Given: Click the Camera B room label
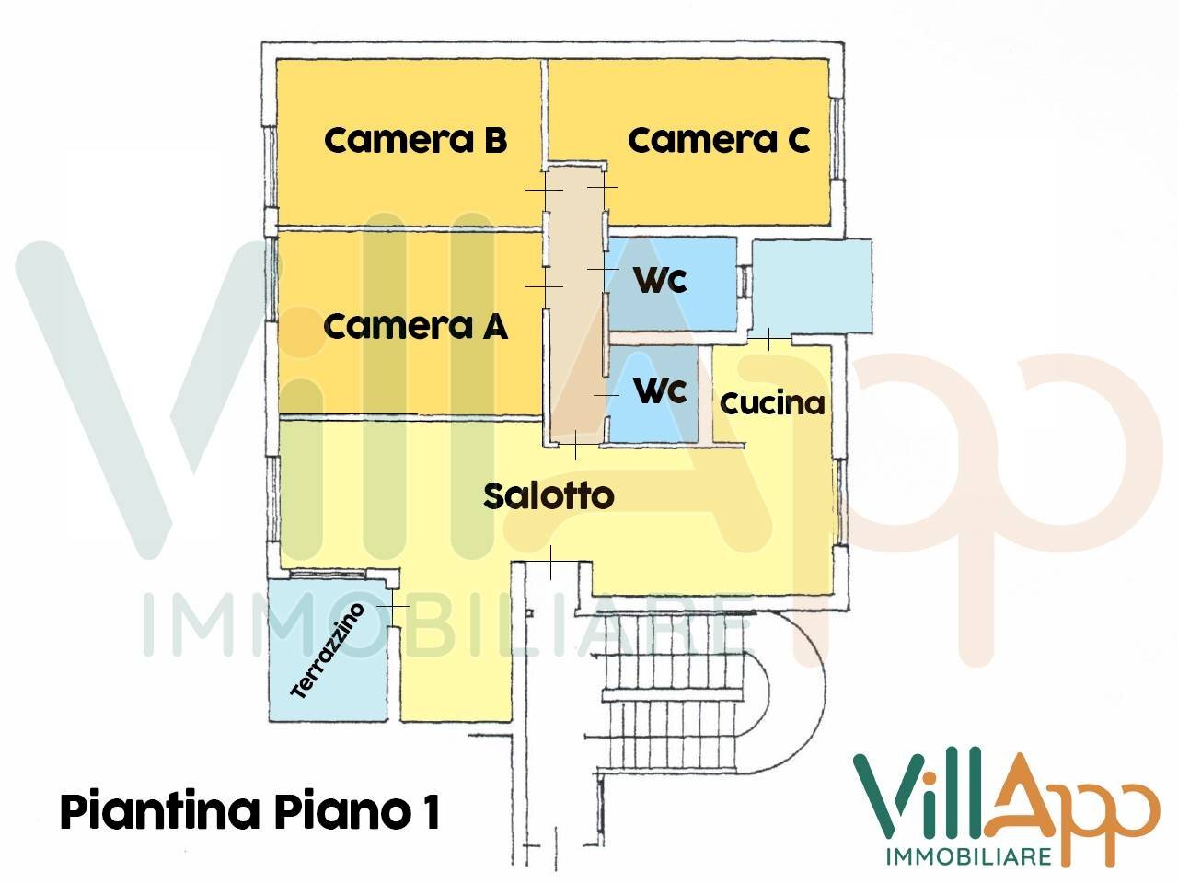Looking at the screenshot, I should pyautogui.click(x=415, y=141).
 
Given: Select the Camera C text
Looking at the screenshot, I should pyautogui.click(x=718, y=141).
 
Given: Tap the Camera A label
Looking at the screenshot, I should pyautogui.click(x=415, y=326).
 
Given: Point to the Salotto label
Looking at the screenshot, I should pyautogui.click(x=549, y=496).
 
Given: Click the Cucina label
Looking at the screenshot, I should pyautogui.click(x=771, y=403).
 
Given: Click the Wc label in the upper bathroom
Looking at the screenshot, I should pyautogui.click(x=660, y=280).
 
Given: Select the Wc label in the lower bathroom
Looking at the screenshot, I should pyautogui.click(x=660, y=390).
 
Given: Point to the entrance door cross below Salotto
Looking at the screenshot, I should pyautogui.click(x=550, y=562).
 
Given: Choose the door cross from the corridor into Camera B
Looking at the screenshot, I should pyautogui.click(x=544, y=189).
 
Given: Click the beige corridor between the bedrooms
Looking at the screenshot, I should pyautogui.click(x=574, y=304).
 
